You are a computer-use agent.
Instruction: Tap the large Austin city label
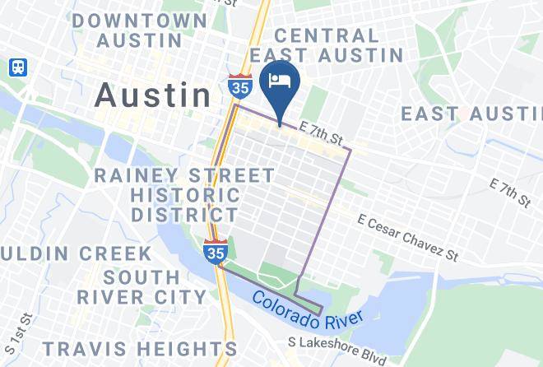pos(153,95)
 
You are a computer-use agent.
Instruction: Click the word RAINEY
pos(140,175)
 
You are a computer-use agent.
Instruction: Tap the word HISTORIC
pos(185,196)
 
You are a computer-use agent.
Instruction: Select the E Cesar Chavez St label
pos(408,236)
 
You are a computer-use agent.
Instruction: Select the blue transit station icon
pos(17,67)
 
